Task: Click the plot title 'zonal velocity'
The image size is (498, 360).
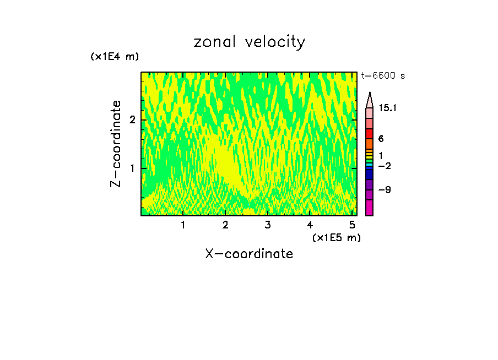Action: point(249,42)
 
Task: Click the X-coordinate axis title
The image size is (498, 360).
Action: point(249,254)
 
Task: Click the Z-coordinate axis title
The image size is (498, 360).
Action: point(116,144)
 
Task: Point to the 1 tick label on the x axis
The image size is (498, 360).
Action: point(183,225)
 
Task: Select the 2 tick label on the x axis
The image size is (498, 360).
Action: point(225,225)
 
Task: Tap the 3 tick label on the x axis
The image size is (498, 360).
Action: point(268,225)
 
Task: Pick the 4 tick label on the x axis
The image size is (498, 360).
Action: point(310,225)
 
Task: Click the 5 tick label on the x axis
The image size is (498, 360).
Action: point(352,225)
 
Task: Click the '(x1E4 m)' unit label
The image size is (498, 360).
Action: point(115,57)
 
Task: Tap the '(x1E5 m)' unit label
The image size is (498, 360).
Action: point(336,237)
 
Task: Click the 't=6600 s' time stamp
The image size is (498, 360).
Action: point(383,76)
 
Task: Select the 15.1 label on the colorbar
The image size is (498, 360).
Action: point(387,108)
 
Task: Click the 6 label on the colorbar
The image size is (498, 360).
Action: point(381,139)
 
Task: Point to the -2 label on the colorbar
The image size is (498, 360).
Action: point(385,166)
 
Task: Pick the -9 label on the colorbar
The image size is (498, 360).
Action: point(385,190)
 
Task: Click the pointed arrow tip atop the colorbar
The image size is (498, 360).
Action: point(370,97)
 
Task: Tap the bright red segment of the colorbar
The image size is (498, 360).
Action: point(370,134)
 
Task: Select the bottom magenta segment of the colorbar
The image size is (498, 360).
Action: point(370,208)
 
